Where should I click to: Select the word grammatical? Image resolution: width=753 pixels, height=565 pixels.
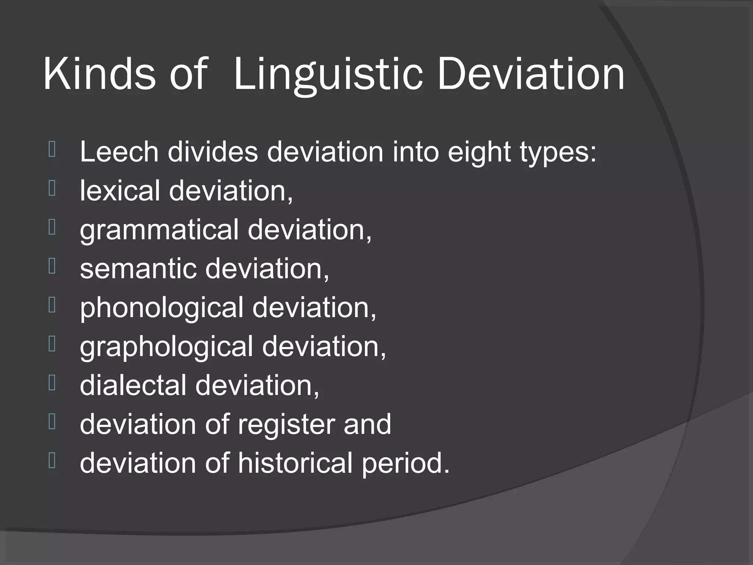pos(159,230)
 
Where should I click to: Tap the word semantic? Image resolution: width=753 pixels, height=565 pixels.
pos(138,268)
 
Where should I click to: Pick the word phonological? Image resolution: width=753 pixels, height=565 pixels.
pos(161,308)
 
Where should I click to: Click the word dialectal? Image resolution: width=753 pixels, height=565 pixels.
pos(133,385)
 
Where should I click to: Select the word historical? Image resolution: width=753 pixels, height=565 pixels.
pos(295,463)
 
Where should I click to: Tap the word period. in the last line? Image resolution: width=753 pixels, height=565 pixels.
pos(406,463)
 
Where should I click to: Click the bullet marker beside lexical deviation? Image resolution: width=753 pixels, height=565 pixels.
pos(52,188)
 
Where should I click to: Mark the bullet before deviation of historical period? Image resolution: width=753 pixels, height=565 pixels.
pos(52,461)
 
